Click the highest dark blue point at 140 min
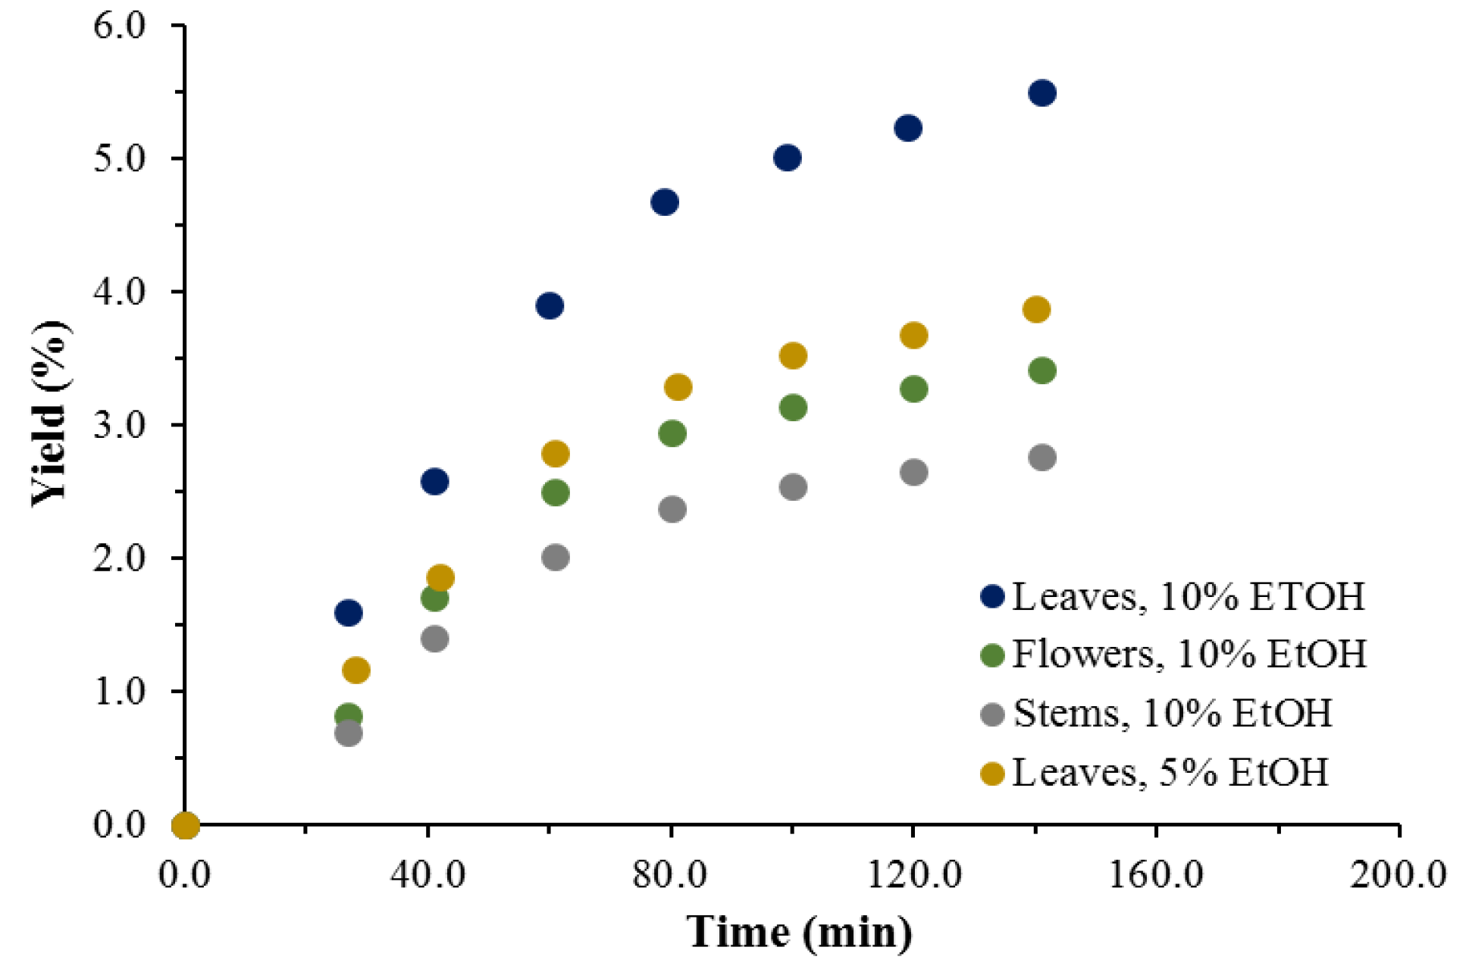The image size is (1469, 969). click(1042, 93)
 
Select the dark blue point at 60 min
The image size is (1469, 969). click(550, 306)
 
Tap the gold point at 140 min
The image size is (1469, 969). click(1036, 309)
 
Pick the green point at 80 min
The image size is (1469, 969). click(672, 433)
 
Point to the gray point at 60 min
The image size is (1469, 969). click(556, 558)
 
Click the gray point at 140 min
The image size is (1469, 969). click(1042, 458)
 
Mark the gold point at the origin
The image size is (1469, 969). click(186, 825)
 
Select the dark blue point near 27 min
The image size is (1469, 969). click(348, 612)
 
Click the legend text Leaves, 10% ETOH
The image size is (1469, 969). click(1188, 597)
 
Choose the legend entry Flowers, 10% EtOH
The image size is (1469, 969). click(1189, 654)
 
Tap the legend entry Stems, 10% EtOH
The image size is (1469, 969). click(1172, 713)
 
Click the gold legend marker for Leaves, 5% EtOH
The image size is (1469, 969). click(991, 774)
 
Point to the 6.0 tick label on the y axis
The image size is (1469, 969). click(120, 26)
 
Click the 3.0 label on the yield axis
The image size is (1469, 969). click(120, 425)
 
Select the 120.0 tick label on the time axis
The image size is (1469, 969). click(913, 875)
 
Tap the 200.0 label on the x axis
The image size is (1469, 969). click(1398, 875)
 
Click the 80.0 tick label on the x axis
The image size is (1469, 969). click(670, 875)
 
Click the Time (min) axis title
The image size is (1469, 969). click(799, 932)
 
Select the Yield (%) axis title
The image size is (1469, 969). click(50, 413)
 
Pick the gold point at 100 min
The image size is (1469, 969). click(793, 355)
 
